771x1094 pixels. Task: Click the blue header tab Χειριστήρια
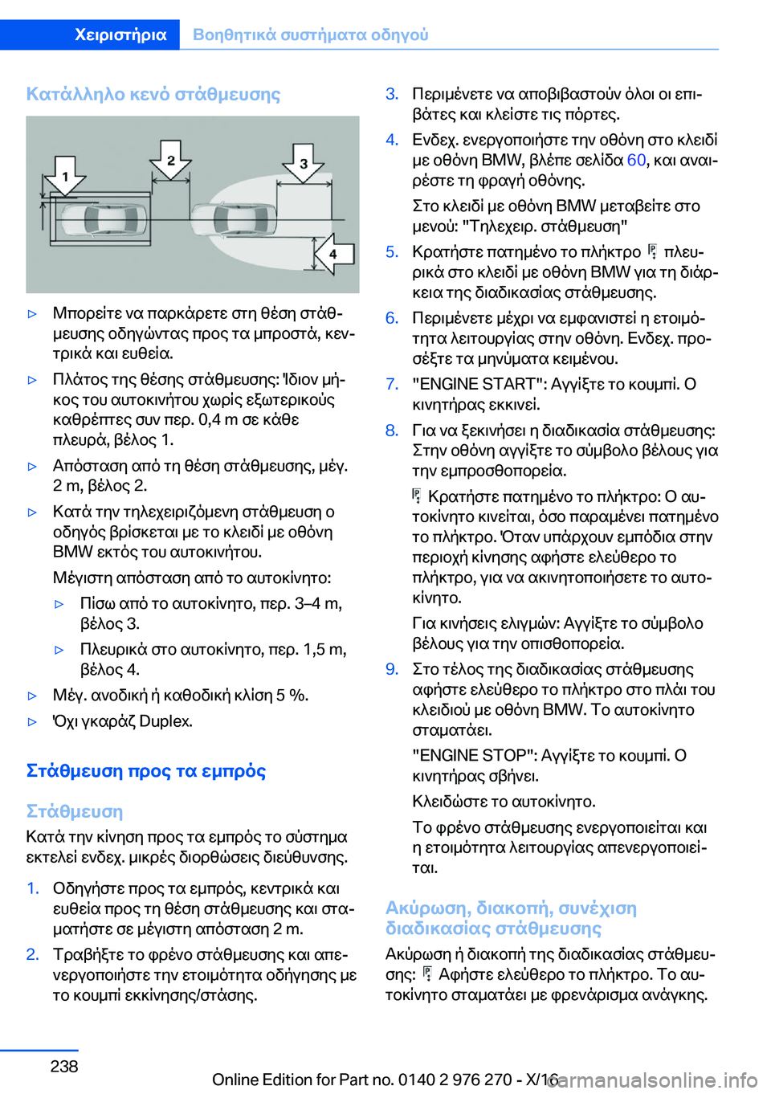coord(120,35)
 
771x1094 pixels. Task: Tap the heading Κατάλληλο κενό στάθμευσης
coord(153,94)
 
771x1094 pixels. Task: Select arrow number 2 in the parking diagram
coord(170,160)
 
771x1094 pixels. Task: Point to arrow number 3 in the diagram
coord(304,163)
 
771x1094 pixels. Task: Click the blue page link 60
coord(636,160)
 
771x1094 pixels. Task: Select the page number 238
coord(64,1066)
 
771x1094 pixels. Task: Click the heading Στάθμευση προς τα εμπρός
coord(146,771)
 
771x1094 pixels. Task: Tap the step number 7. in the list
coord(392,384)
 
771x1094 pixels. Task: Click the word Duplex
coord(165,721)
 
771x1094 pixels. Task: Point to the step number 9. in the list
coord(392,669)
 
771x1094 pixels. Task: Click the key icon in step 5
coord(652,252)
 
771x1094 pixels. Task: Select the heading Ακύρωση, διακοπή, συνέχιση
coord(511,908)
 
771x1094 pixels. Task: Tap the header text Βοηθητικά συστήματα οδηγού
coord(311,35)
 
